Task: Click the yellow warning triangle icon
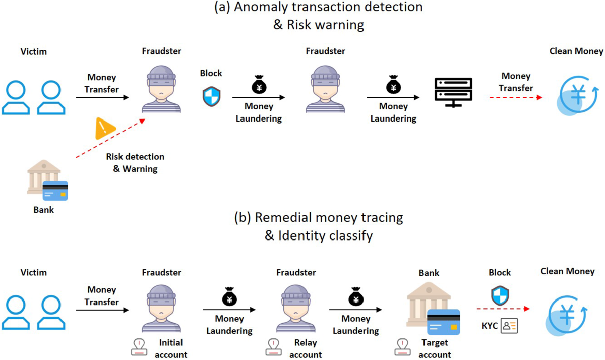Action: [x=103, y=129]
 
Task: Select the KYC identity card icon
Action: [x=508, y=326]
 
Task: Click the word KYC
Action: [x=489, y=326]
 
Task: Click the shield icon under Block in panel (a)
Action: [x=211, y=96]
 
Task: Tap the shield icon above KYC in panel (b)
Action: [x=499, y=295]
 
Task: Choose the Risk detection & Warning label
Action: [x=135, y=163]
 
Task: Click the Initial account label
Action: [x=171, y=349]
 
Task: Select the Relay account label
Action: [x=305, y=349]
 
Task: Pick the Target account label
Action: [x=435, y=349]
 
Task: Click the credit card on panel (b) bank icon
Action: [x=443, y=322]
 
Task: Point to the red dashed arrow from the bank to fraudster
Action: [x=110, y=139]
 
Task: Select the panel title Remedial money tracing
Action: [x=319, y=218]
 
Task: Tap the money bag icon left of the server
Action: [x=393, y=85]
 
